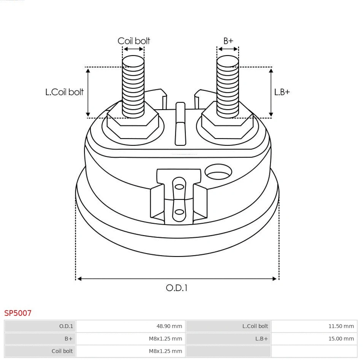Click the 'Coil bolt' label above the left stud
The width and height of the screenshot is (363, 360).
[x=134, y=41]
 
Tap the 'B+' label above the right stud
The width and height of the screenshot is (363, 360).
[x=228, y=41]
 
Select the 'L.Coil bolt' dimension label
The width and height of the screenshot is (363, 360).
[x=64, y=92]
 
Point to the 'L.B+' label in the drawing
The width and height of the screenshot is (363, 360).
[x=282, y=92]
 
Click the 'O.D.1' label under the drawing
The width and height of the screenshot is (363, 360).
[x=177, y=288]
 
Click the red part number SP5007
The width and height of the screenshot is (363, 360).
[x=18, y=313]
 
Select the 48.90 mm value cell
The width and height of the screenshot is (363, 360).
[x=169, y=326]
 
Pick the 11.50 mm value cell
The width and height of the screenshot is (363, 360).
[x=341, y=326]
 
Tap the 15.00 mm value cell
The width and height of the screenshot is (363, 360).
[x=341, y=339]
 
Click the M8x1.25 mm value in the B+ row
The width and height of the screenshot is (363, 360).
[x=165, y=339]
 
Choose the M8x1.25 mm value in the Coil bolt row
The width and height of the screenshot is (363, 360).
[x=165, y=351]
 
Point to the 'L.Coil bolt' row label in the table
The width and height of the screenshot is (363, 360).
[x=255, y=326]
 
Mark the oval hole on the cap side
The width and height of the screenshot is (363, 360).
[x=218, y=172]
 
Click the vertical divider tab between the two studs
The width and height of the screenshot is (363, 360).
[x=180, y=124]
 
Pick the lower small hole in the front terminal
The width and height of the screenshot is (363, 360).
[x=179, y=212]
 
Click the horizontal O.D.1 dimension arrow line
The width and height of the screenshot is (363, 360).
[x=177, y=279]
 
